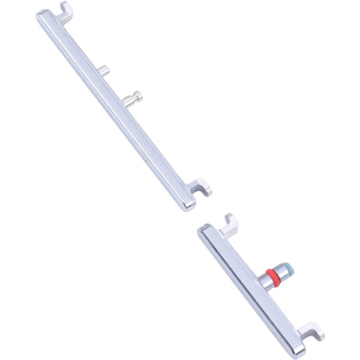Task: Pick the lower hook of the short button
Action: (311, 331)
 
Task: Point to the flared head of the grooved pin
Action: (140, 94)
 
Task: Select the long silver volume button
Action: (114, 108)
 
